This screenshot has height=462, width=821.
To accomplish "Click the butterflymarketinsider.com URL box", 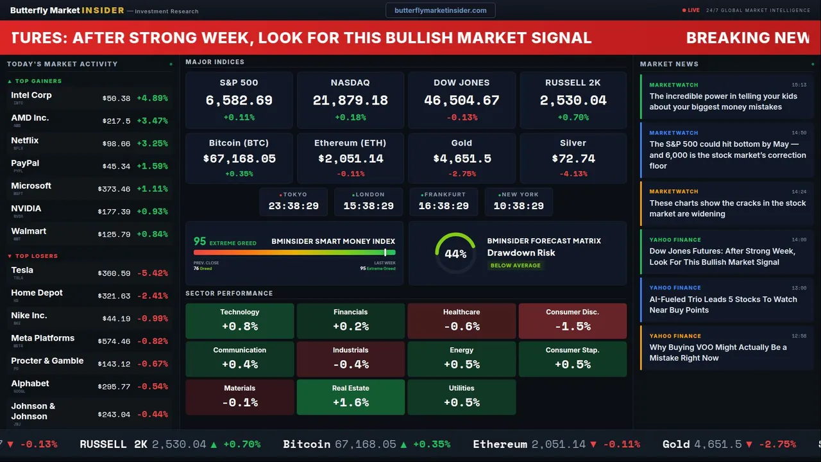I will coord(441,10).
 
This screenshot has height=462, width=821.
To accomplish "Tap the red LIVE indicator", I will coord(691,10).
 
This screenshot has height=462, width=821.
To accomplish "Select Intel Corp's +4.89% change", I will coord(152,98).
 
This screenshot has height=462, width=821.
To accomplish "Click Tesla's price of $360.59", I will coord(115,273).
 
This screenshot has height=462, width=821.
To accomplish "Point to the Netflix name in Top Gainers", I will coord(25,141).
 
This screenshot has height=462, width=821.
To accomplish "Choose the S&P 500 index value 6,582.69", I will coord(239,101).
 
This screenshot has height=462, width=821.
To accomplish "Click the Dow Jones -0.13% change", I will coord(462,117).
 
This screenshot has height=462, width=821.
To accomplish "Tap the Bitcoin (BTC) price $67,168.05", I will coord(239,158).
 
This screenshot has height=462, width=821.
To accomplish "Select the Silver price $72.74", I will coord(573,158).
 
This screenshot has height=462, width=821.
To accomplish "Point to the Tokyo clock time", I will coord(294,206).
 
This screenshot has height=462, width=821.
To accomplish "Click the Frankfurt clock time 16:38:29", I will coord(444,206).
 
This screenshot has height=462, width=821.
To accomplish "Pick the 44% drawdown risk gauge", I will coord(455,253).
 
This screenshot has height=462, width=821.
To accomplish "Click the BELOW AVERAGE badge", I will coord(516,266).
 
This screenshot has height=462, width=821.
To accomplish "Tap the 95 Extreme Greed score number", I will coord(200,241).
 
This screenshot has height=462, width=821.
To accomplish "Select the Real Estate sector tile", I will coord(351,397).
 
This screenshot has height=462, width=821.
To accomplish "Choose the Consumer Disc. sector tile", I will coord(573,321).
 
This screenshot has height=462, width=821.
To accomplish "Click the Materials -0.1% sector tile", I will coord(240,397).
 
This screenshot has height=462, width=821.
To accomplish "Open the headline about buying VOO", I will coord(718,352).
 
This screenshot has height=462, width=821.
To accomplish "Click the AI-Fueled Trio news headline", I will coord(723,304).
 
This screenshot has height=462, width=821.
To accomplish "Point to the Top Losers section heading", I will coord(36,256).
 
